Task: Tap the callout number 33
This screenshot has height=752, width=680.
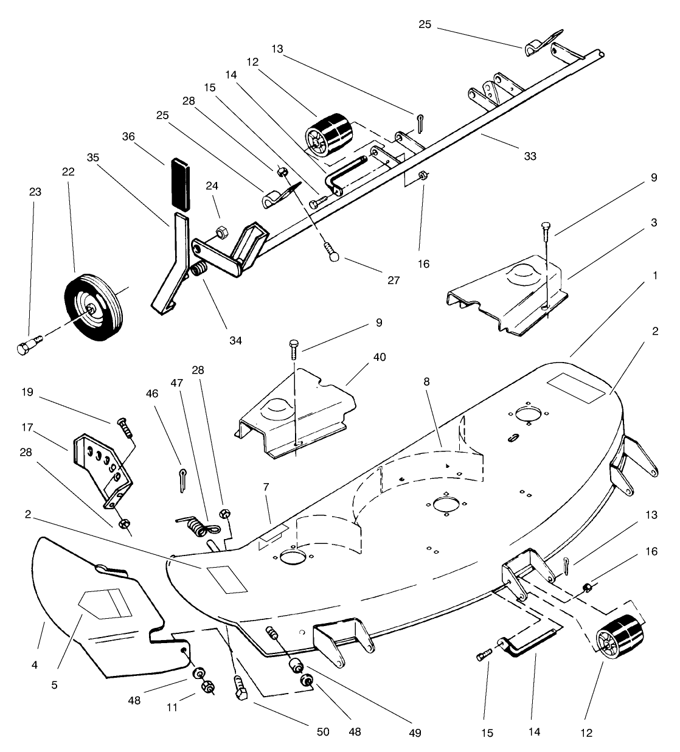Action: pos(530,156)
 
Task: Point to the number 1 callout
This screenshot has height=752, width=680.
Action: pos(654,276)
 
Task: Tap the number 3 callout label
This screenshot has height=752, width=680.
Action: pos(654,223)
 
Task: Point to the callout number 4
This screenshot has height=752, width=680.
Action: pos(35,665)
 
